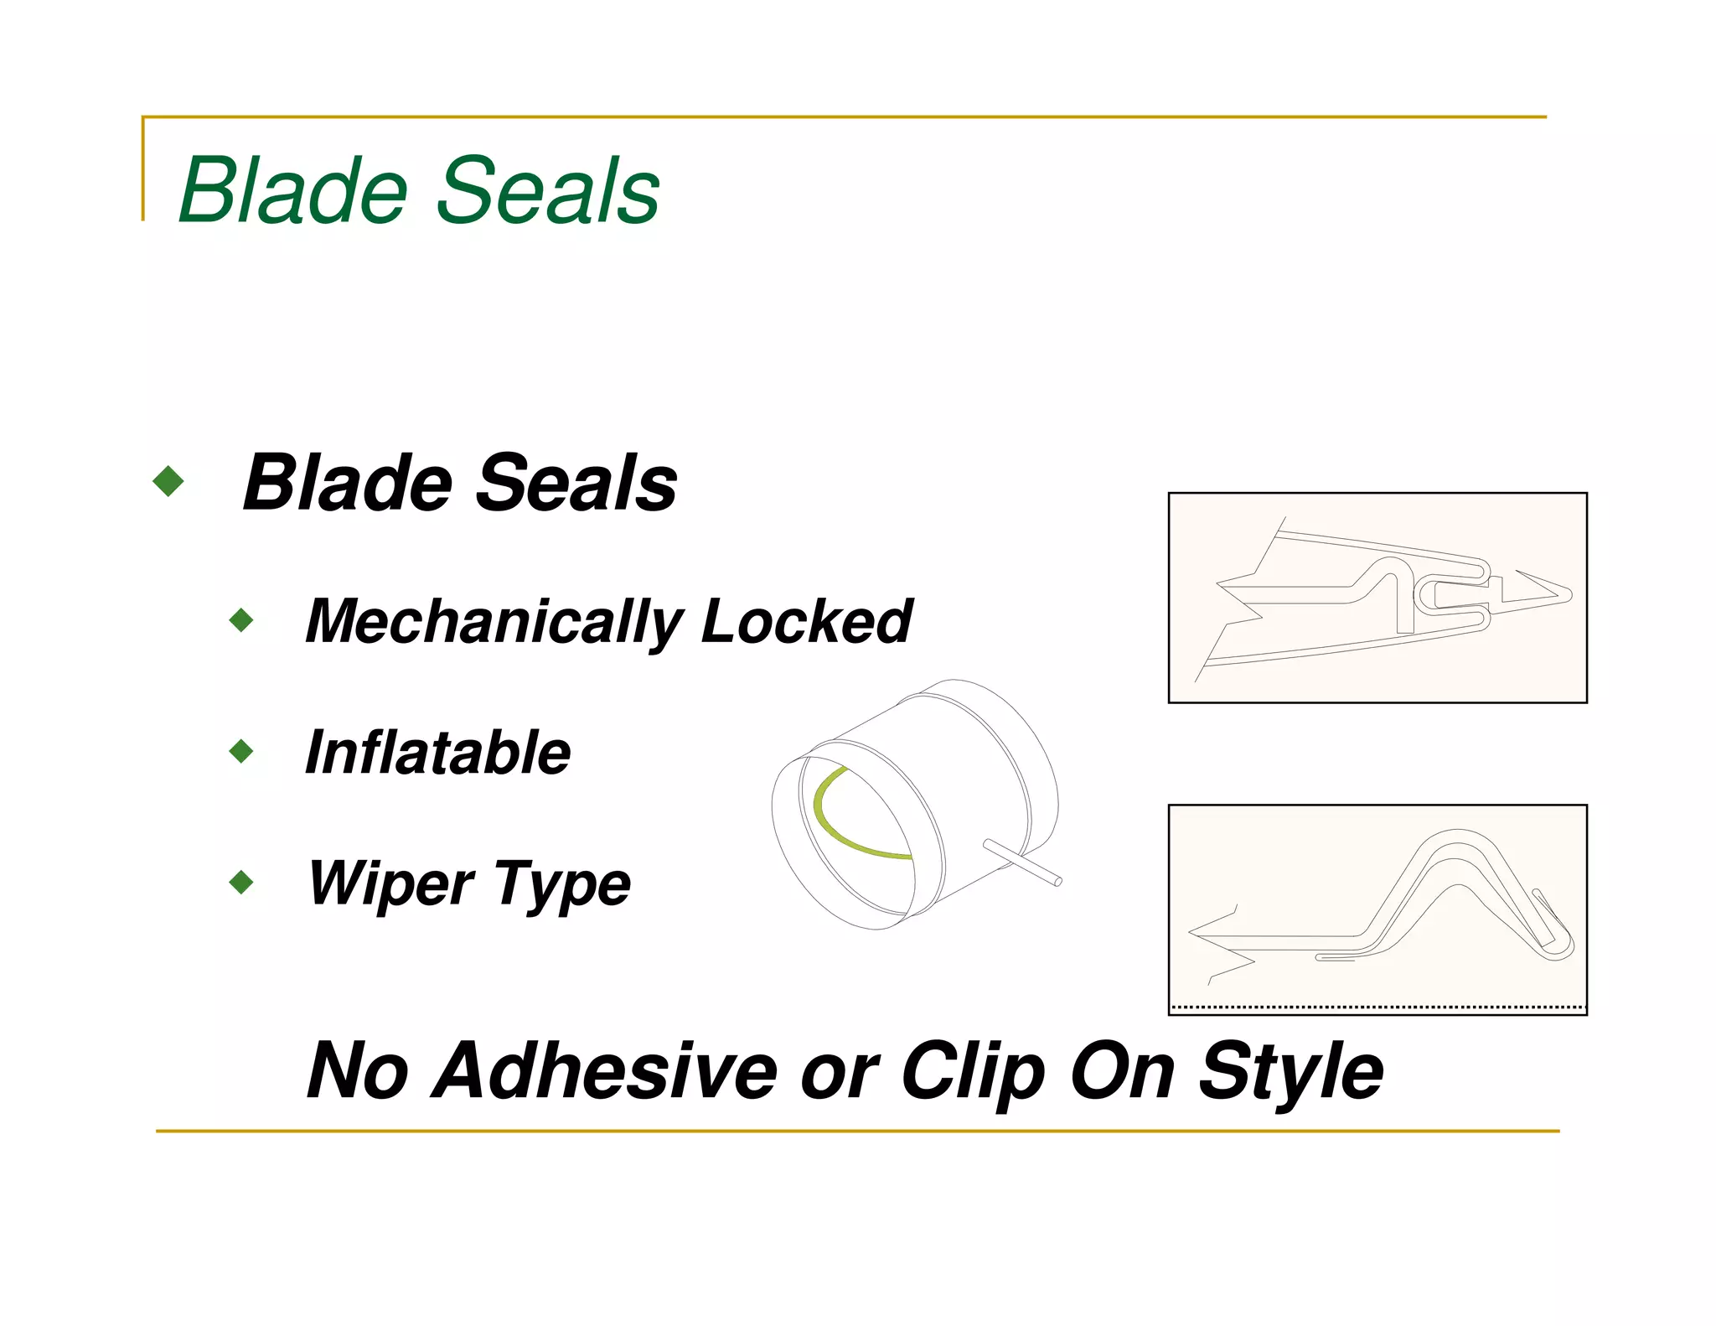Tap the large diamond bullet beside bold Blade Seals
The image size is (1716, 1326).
click(x=168, y=481)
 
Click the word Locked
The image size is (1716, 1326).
click(x=806, y=622)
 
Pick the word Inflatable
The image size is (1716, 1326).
click(x=437, y=752)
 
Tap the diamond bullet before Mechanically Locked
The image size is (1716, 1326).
click(x=241, y=620)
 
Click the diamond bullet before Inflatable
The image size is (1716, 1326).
click(x=241, y=751)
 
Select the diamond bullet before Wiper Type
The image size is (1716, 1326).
click(x=241, y=882)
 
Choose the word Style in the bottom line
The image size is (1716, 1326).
click(x=1290, y=1072)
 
